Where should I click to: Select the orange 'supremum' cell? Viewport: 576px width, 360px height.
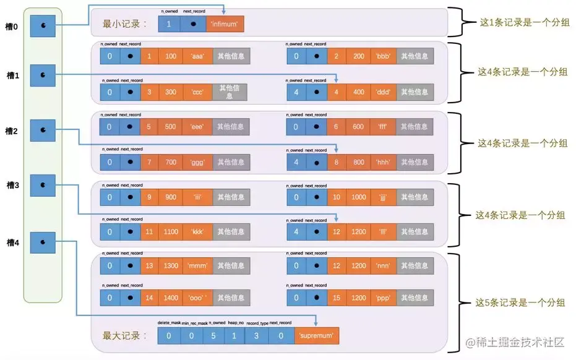pos(316,336)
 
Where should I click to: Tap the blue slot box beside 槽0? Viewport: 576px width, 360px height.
pos(43,25)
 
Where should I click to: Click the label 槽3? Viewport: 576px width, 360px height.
pos(12,186)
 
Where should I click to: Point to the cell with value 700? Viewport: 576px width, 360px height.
pos(171,162)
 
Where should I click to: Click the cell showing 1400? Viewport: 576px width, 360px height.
pos(171,297)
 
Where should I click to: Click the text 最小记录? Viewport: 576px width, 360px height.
pos(125,24)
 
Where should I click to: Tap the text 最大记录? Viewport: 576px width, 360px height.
pos(125,336)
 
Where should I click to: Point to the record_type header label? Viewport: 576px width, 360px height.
pos(256,323)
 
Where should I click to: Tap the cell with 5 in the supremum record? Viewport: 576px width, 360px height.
pos(213,336)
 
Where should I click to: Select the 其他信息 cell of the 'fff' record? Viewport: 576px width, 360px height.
pos(415,127)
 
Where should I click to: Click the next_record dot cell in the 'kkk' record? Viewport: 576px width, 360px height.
pos(129,232)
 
